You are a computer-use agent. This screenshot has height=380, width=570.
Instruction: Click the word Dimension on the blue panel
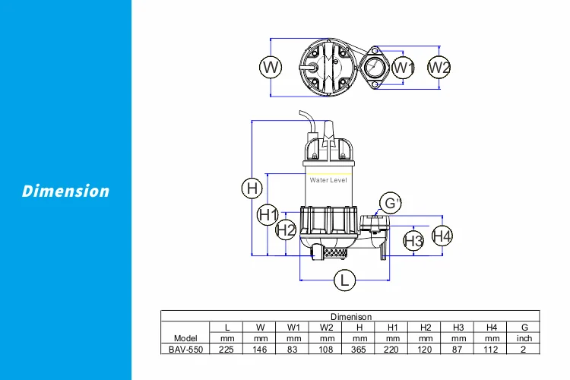point(65,191)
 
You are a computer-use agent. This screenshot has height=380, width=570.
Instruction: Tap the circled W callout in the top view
point(271,68)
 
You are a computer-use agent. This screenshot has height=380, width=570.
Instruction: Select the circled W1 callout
point(404,68)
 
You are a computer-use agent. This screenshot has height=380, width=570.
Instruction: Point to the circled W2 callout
point(439,68)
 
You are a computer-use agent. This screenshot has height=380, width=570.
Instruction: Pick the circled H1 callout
point(268,215)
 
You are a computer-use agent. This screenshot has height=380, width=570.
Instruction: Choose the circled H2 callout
point(286,229)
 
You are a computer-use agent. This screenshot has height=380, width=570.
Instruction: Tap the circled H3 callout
point(413,241)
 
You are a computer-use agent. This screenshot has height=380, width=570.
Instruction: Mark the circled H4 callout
point(442,236)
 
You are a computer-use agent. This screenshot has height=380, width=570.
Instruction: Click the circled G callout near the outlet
point(391,203)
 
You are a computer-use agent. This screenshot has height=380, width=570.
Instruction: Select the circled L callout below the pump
point(345,280)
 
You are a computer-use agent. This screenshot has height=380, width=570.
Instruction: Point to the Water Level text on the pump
point(328,180)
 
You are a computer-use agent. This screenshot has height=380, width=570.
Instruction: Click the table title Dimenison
point(350,316)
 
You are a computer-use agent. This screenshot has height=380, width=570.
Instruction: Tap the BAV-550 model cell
point(185,349)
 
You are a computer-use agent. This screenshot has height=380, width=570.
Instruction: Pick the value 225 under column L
point(226,349)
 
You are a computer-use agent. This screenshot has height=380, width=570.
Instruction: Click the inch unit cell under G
point(524,338)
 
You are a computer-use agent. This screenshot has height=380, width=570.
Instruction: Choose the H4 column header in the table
point(492,327)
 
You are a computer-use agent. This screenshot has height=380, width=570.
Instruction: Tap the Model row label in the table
point(185,338)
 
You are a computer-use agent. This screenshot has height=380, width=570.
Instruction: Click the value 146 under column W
point(260,349)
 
